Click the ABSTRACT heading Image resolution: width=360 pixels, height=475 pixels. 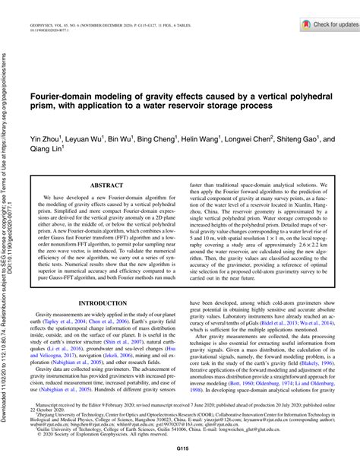pos(106,185)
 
